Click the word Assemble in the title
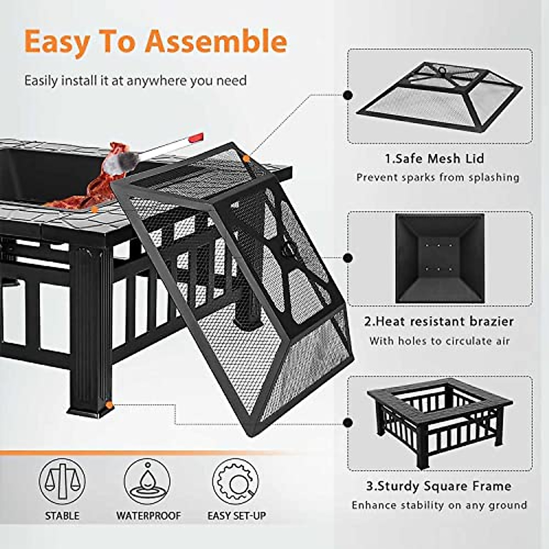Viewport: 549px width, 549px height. (216, 41)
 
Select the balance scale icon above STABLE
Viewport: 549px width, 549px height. (62, 481)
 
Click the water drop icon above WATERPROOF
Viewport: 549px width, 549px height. (147, 481)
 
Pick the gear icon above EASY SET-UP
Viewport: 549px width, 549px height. (235, 481)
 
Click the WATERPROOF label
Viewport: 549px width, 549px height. (148, 516)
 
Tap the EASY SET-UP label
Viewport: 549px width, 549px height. (237, 516)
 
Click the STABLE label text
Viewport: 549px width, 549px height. (62, 516)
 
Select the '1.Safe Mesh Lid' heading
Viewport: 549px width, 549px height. (434, 159)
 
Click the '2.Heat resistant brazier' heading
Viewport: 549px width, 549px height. (439, 322)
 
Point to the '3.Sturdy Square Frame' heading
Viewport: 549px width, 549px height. (438, 486)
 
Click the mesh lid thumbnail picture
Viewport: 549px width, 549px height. (439, 96)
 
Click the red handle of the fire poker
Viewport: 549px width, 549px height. (196, 137)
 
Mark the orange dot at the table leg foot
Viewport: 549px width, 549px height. (109, 405)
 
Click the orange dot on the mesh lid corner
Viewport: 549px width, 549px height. (247, 159)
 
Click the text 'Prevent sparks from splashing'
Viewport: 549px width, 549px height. (438, 178)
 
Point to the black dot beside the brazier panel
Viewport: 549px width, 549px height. (348, 258)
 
